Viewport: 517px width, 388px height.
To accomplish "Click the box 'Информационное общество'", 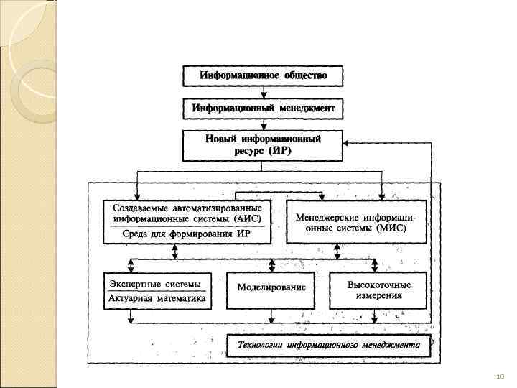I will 263,75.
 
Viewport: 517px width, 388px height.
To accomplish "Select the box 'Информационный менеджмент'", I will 263,108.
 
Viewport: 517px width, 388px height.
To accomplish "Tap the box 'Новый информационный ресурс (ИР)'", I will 263,145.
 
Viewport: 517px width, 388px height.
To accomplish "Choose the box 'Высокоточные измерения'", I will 379,289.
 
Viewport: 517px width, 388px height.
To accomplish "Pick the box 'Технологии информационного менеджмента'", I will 329,345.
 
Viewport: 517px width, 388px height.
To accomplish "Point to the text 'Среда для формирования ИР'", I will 186,234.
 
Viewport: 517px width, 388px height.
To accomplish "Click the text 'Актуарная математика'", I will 158,298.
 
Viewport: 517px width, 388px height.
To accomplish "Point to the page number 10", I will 500,376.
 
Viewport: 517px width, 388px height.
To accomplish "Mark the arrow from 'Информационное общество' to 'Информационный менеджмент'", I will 263,92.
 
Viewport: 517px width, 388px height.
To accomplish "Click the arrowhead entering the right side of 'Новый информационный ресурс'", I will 348,143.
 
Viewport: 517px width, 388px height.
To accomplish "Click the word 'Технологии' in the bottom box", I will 261,345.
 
